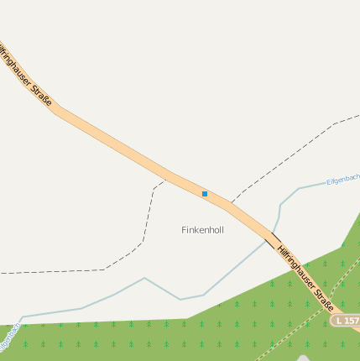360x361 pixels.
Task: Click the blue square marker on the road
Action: tap(204, 194)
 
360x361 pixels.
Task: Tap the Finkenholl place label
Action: tap(202, 229)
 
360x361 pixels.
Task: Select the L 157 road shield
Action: tap(346, 321)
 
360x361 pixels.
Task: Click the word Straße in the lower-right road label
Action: tap(323, 297)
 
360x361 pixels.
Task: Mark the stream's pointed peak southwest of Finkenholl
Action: tap(144, 278)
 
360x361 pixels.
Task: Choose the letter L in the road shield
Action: tap(338, 321)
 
